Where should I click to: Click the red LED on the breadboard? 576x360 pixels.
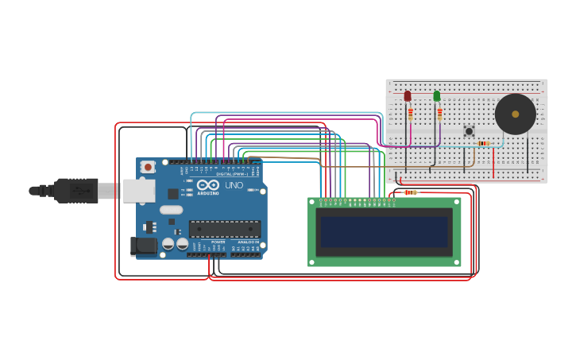[x=408, y=96]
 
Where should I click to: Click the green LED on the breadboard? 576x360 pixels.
[x=436, y=96]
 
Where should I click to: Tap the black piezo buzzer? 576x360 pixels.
[x=515, y=114]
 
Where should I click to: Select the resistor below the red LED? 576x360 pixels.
[x=410, y=114]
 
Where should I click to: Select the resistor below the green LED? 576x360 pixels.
[x=439, y=114]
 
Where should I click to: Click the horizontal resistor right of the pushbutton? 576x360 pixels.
[x=483, y=143]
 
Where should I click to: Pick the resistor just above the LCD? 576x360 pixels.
[x=410, y=192]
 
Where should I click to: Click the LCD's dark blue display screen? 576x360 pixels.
[x=384, y=231]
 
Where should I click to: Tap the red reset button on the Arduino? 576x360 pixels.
[x=148, y=167]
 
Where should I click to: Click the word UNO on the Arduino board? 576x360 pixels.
[x=234, y=184]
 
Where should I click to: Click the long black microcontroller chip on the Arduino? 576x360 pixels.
[x=224, y=229]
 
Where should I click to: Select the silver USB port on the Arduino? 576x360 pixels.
[x=138, y=190]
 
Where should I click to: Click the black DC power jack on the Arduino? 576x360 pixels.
[x=143, y=246]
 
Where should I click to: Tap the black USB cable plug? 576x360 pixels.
[x=75, y=191]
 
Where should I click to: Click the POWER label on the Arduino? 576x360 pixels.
[x=218, y=242]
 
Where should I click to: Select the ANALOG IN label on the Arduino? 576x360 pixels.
[x=248, y=242]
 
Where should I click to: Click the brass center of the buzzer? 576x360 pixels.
[x=516, y=114]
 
